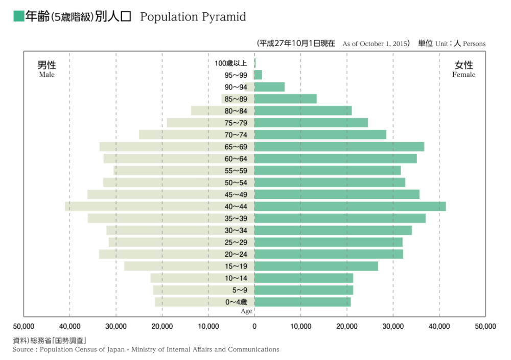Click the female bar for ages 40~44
tap(350, 207)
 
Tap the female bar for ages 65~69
tap(339, 147)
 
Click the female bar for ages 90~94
tap(269, 87)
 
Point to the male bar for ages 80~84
tap(200, 111)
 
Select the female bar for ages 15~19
tap(316, 266)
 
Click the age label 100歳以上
tap(231, 63)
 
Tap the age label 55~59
tap(236, 171)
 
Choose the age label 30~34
tap(236, 231)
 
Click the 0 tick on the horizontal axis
tap(254, 326)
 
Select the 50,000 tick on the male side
tap(24, 326)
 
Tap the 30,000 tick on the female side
tap(393, 326)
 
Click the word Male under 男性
tap(47, 75)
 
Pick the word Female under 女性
tap(463, 75)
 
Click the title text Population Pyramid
tap(193, 17)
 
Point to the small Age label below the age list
tap(246, 311)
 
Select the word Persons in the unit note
tap(474, 44)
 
